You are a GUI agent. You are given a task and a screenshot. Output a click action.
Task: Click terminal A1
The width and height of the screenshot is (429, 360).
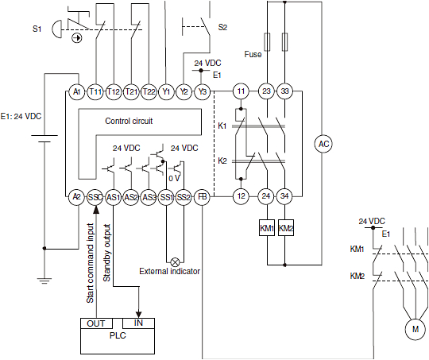pos(77,92)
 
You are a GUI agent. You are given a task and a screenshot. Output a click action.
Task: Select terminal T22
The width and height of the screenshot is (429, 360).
pos(149,92)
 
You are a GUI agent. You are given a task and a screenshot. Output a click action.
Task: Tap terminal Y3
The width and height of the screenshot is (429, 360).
pos(203,92)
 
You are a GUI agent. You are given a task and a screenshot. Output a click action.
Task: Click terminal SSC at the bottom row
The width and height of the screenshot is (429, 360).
pos(95,196)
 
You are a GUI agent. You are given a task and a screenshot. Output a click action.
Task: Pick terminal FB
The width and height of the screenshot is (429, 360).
pos(203,196)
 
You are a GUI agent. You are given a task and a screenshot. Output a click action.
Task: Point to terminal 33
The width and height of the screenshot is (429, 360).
pos(286,92)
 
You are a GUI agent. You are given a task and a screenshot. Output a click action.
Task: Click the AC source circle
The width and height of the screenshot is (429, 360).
pos(323,144)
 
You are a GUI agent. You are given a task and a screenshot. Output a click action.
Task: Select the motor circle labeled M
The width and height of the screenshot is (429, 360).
pos(413,327)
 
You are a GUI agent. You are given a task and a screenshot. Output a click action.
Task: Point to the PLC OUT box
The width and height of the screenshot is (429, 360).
pos(95,323)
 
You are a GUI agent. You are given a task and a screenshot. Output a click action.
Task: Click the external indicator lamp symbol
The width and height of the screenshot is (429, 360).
pos(165,260)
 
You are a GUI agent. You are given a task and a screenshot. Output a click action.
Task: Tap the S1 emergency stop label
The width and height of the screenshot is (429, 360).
pos(37,29)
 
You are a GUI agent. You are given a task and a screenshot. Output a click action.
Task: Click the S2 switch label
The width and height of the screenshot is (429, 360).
pos(222,27)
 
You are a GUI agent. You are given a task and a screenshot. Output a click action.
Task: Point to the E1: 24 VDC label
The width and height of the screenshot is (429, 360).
pos(21,116)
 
